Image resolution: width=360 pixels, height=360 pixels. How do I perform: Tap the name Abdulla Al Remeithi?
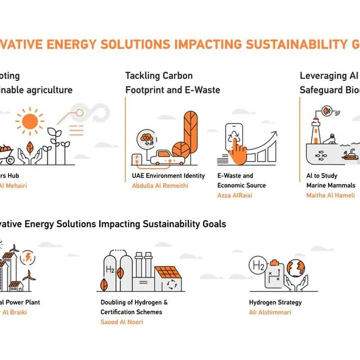160,186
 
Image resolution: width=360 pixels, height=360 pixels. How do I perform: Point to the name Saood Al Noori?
122,322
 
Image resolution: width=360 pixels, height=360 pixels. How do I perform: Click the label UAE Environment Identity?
168,176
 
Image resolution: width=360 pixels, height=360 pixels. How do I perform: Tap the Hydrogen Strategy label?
275,303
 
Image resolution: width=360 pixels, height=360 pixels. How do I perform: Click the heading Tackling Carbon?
159,76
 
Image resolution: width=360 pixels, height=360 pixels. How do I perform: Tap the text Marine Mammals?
331,185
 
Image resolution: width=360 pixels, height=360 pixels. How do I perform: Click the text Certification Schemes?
131,312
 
